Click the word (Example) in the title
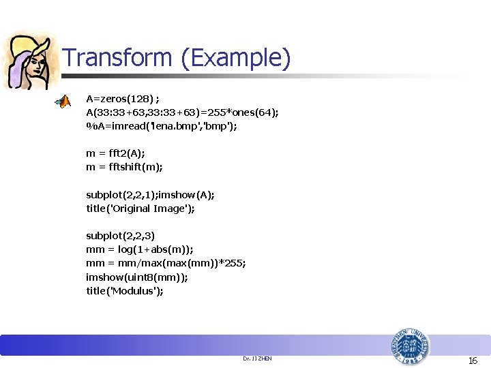coord(236,59)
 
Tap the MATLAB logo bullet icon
coord(63,102)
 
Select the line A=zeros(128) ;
coord(127,99)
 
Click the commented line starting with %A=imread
coord(161,126)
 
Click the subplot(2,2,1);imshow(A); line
coord(150,195)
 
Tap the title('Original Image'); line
coord(140,209)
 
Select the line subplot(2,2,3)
coord(120,236)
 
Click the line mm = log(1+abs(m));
coord(144,249)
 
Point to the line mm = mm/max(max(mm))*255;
coord(166,263)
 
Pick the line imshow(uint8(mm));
coord(136,277)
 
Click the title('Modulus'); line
coord(125,291)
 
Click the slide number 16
coord(473,361)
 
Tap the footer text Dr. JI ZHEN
coord(257,358)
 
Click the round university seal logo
coord(410,348)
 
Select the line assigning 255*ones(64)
coord(182,112)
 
